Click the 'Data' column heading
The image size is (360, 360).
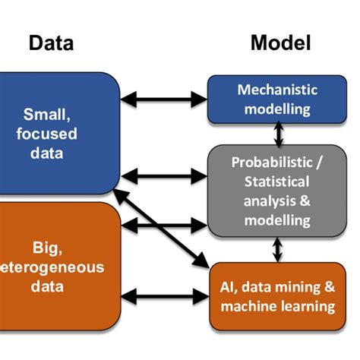(51, 43)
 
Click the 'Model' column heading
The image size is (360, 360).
(281, 43)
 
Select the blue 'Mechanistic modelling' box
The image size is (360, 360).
(274, 99)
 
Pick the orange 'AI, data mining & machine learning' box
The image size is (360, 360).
(277, 296)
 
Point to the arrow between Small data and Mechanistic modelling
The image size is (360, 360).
(164, 98)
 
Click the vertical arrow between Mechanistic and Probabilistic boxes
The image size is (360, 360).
(279, 134)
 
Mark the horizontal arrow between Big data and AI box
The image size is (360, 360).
(164, 294)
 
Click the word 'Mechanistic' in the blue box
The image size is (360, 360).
(277, 90)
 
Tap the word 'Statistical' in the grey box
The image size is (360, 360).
(277, 182)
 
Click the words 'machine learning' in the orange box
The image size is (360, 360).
(277, 307)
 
